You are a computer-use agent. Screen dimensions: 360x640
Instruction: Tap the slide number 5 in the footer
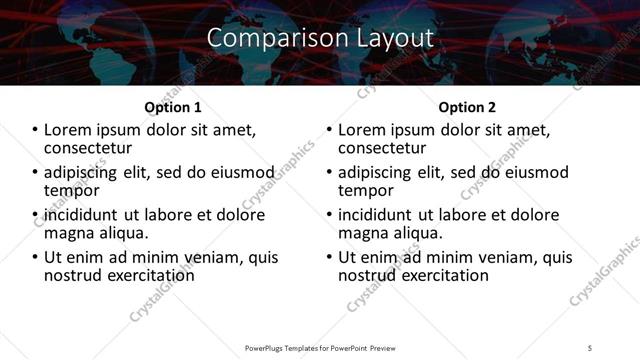tap(590, 347)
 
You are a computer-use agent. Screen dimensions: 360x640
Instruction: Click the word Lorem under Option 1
tap(69, 130)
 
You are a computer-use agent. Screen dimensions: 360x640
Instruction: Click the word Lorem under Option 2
tap(363, 130)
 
